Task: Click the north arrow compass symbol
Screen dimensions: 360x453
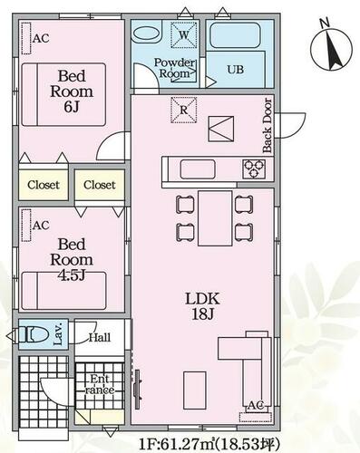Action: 332,49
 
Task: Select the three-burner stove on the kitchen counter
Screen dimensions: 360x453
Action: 254,169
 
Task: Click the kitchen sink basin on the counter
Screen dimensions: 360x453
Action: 198,169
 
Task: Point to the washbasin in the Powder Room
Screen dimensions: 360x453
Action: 147,34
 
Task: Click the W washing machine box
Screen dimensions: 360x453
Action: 184,34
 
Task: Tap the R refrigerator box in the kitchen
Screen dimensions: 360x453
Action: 184,110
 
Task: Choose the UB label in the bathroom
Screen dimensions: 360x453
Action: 236,70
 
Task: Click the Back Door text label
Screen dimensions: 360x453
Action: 268,125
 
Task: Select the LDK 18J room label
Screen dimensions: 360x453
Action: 202,306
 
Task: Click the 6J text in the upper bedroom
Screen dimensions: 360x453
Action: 72,107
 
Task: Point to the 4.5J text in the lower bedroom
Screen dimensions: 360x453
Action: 72,275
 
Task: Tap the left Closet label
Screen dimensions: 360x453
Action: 44,185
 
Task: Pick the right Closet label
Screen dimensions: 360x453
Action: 100,185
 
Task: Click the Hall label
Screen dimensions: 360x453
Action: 100,337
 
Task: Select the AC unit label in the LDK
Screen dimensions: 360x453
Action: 256,405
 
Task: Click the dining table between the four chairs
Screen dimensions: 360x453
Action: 215,218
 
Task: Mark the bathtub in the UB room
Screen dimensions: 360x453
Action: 235,34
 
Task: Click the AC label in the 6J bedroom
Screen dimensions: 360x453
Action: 41,38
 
